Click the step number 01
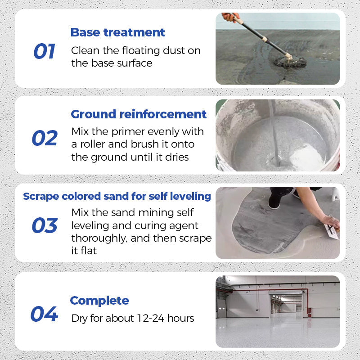pyautogui.click(x=44, y=52)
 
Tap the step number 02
pyautogui.click(x=45, y=138)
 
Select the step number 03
pyautogui.click(x=45, y=225)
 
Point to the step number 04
pyautogui.click(x=44, y=314)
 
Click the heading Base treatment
pyautogui.click(x=118, y=32)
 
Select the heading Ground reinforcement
pyautogui.click(x=139, y=114)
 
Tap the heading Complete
pyautogui.click(x=99, y=301)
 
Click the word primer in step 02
pyautogui.click(x=138, y=132)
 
